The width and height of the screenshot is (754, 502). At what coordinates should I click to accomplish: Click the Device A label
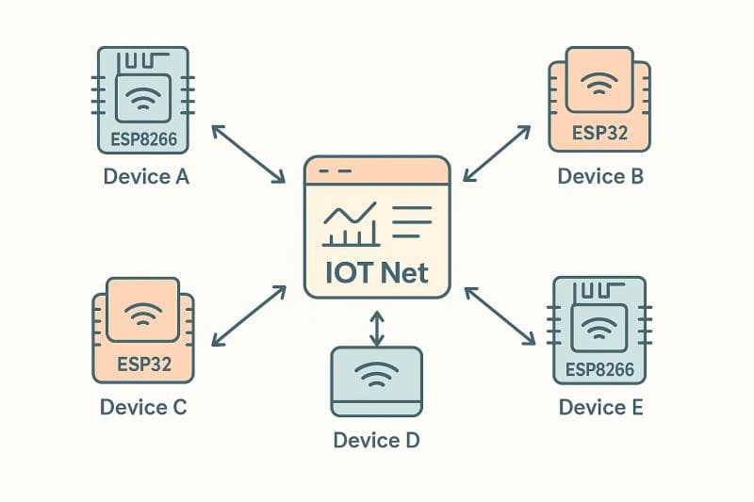pos(146,176)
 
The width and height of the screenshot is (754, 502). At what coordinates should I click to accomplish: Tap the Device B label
pos(600,176)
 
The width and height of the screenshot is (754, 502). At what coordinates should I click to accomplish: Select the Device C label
pos(143,408)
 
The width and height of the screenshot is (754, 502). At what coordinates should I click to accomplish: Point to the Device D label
pos(377,440)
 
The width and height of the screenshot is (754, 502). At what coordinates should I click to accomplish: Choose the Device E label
pos(600,408)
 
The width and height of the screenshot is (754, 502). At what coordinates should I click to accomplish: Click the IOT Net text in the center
pos(377,273)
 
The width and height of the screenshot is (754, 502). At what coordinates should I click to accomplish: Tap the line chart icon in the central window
pos(351,224)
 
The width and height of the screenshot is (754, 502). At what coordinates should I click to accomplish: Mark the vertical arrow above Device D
pos(377,327)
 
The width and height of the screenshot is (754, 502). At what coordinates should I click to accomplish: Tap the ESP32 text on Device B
pos(599,133)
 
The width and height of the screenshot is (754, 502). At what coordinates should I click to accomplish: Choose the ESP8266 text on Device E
pos(599,369)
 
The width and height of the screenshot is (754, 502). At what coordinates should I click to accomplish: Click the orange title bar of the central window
pos(377,170)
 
